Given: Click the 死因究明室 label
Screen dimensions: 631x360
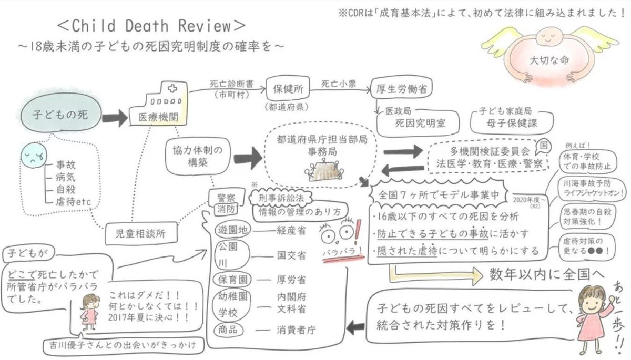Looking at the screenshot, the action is (420, 124).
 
